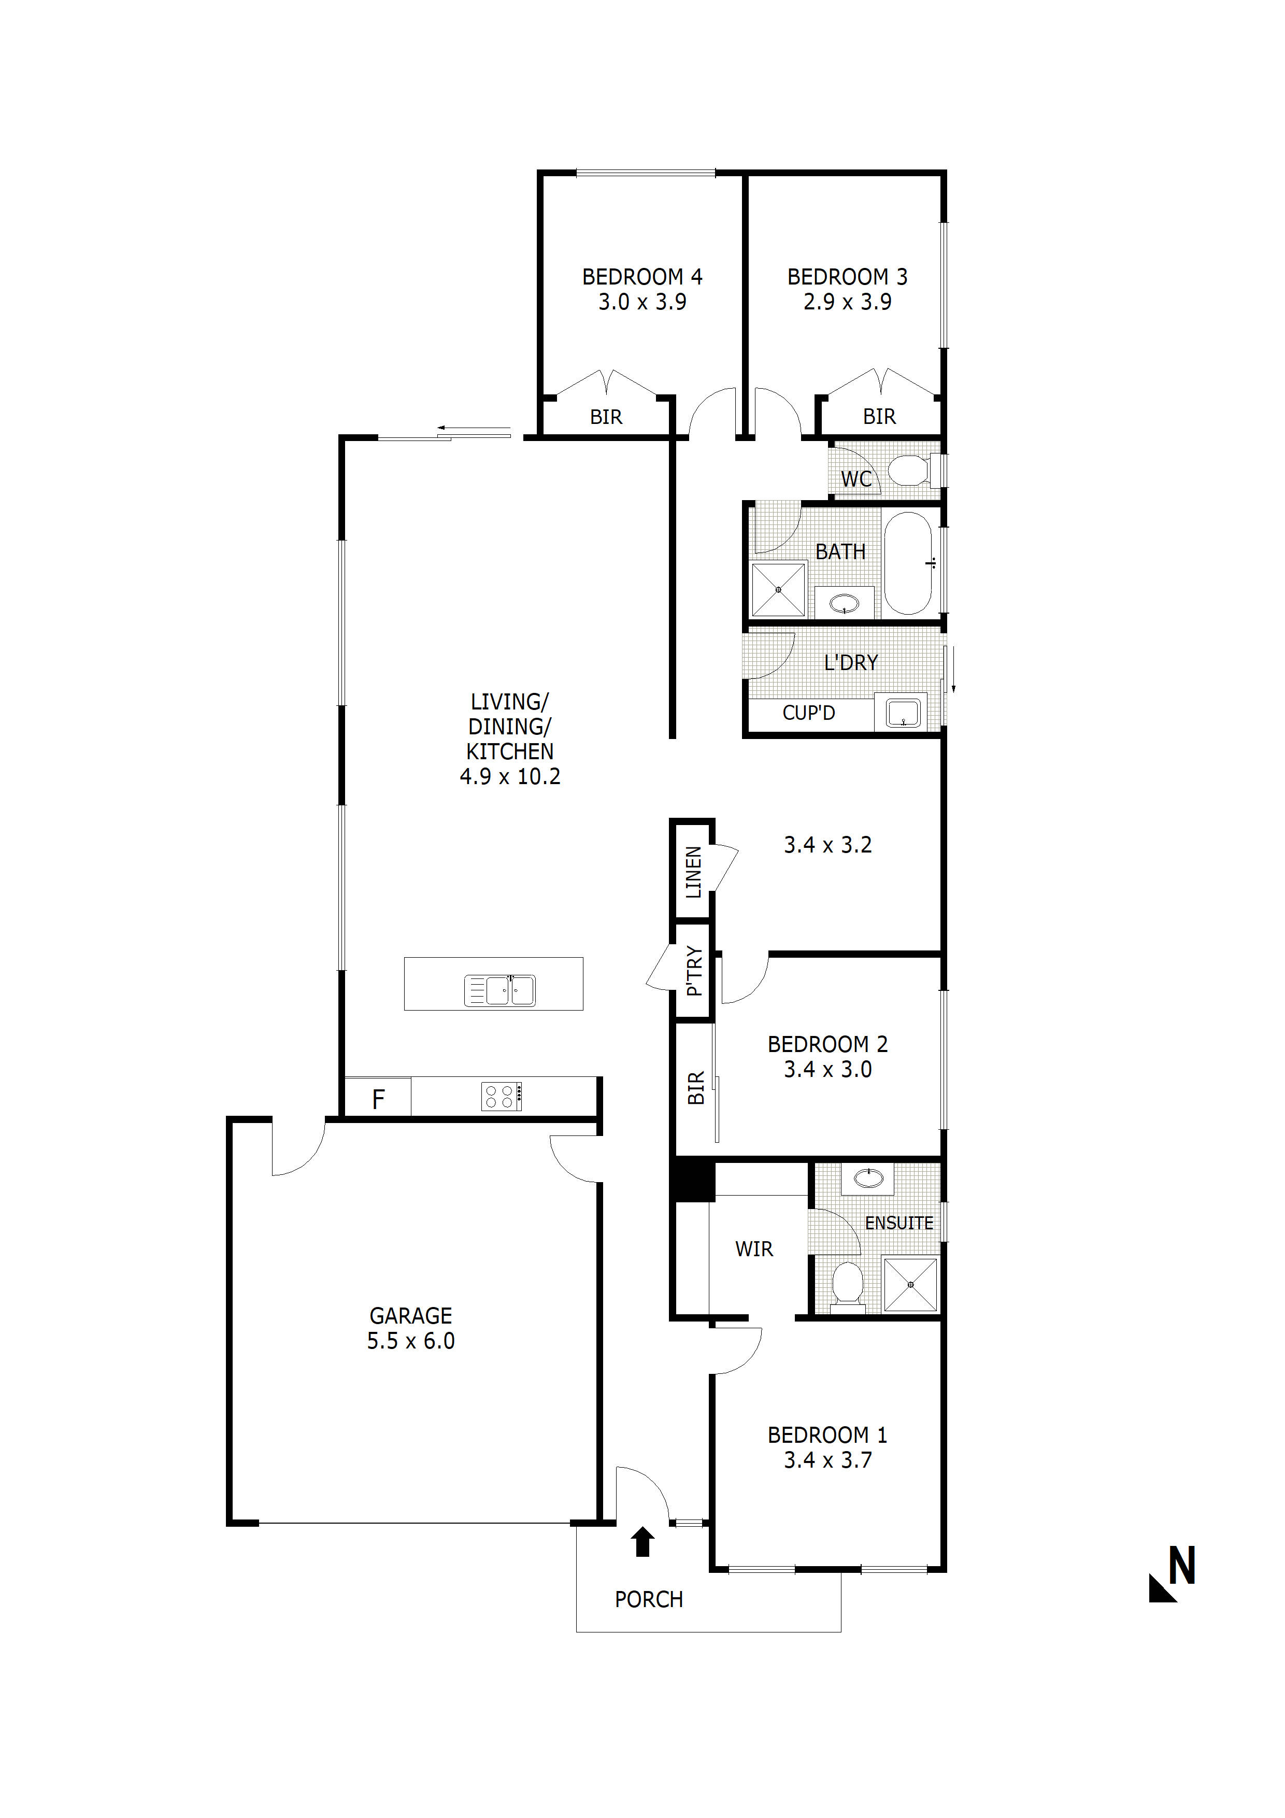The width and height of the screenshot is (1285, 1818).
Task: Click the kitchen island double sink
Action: point(499,990)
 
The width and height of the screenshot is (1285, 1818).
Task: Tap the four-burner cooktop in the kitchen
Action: point(502,1097)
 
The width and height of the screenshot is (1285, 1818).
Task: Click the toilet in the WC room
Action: point(910,471)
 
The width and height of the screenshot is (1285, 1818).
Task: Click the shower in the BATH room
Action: point(778,590)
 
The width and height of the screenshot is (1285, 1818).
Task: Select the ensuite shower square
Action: point(910,1284)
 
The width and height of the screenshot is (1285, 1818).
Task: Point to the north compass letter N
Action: point(1181,1566)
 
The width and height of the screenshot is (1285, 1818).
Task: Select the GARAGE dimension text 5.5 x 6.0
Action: point(410,1341)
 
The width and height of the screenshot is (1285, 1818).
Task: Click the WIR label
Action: point(754,1249)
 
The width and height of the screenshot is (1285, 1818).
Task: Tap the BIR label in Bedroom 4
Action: point(606,417)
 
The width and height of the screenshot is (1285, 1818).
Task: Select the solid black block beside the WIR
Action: point(693,1181)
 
